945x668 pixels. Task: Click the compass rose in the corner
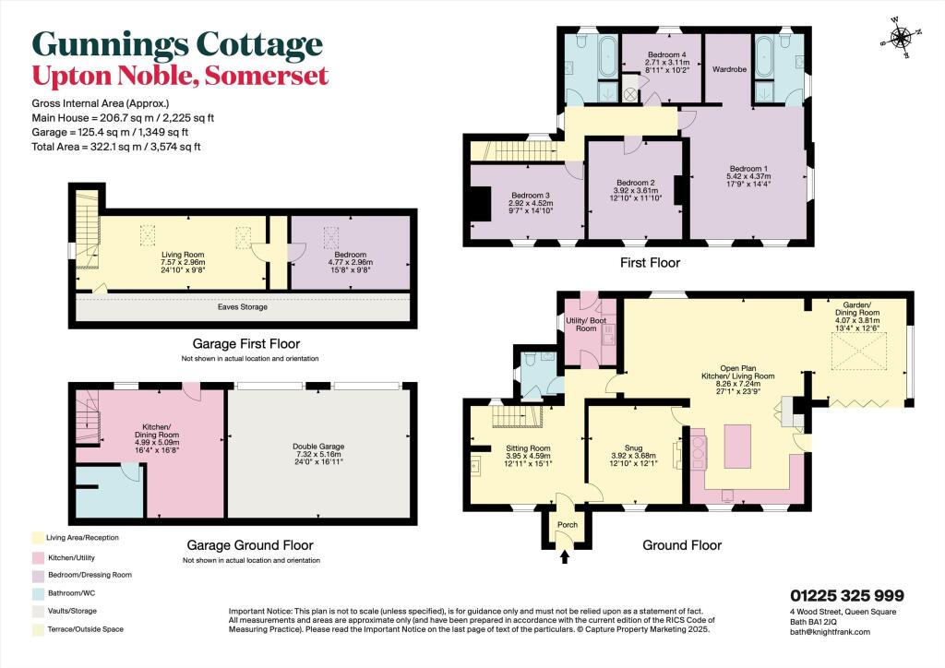(x=901, y=39)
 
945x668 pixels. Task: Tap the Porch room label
(x=568, y=525)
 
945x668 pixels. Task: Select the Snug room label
(x=633, y=448)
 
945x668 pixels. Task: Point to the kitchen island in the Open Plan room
(x=737, y=447)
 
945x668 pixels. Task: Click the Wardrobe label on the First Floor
(x=729, y=69)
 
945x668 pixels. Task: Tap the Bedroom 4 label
(x=667, y=54)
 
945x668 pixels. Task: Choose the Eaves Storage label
(x=243, y=307)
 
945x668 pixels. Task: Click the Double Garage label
(x=318, y=447)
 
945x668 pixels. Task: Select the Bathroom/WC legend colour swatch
(x=38, y=593)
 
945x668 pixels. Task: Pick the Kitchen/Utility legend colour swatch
(x=38, y=558)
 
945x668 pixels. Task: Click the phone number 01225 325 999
(x=847, y=596)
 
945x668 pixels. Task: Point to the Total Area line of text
(x=116, y=147)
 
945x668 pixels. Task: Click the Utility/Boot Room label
(x=586, y=325)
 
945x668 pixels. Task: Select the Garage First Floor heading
(x=245, y=344)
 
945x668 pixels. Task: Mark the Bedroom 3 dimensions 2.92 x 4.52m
(x=531, y=204)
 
